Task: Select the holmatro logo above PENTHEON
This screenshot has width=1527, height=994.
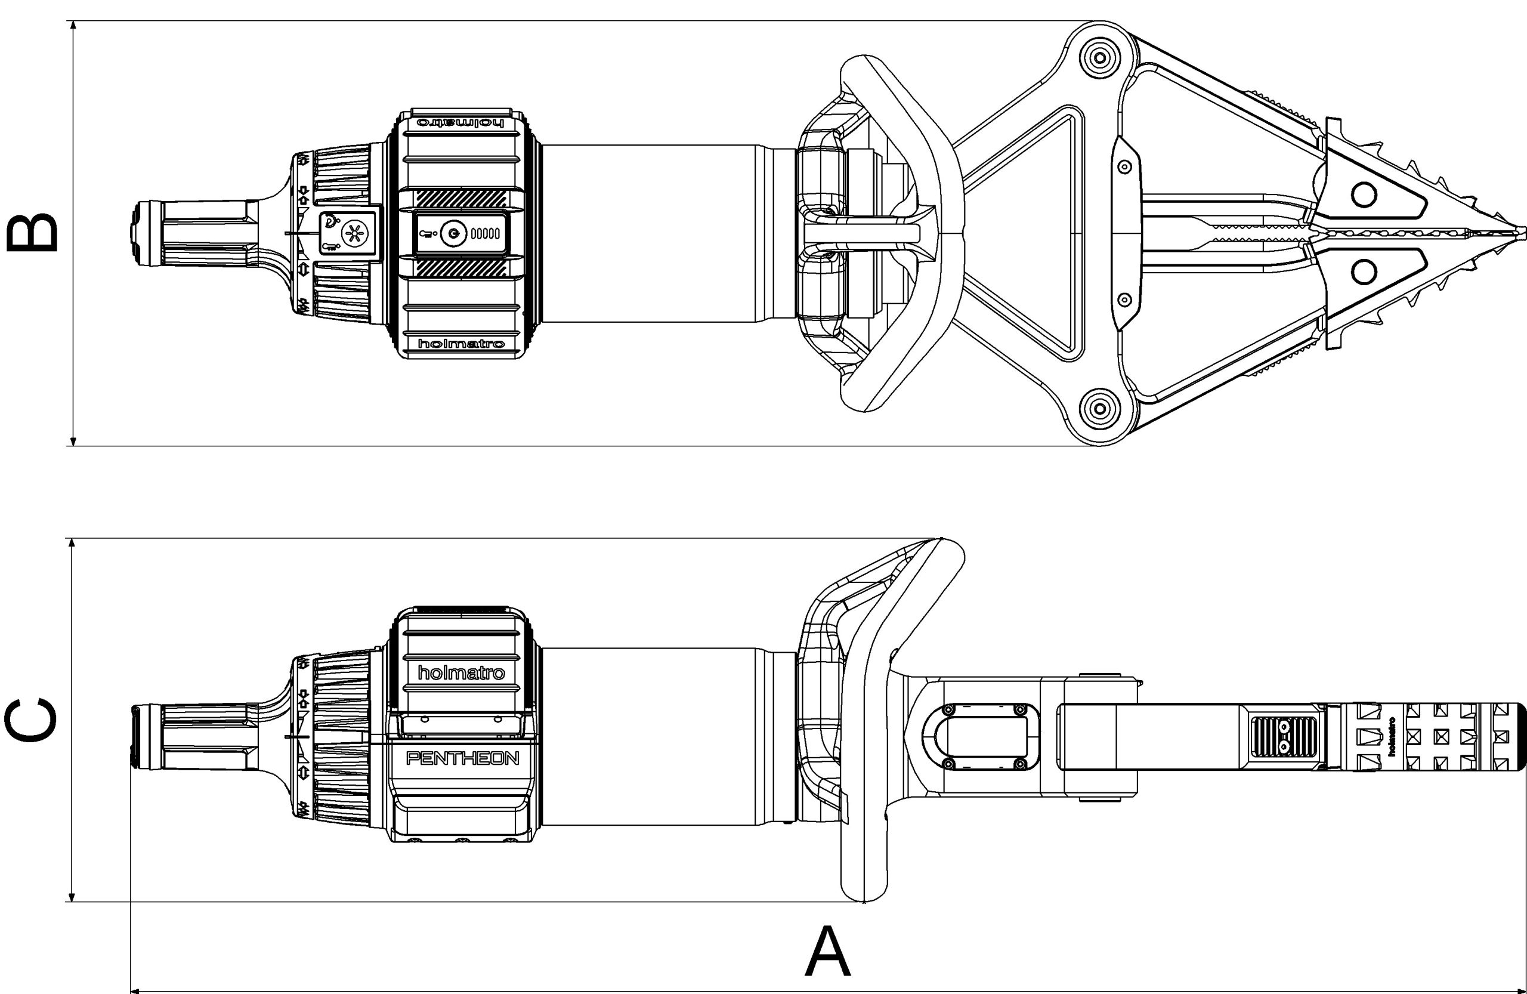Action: click(x=461, y=672)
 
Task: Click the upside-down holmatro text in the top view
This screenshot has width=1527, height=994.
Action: click(x=460, y=122)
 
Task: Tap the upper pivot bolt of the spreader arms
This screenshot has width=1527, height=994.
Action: click(x=1100, y=58)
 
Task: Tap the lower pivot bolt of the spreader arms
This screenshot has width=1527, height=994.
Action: click(x=1100, y=408)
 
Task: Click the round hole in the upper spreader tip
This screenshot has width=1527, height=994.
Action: click(x=1364, y=195)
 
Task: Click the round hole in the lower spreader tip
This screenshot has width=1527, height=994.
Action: click(x=1364, y=272)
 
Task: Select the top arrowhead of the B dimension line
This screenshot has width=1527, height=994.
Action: click(x=73, y=26)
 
